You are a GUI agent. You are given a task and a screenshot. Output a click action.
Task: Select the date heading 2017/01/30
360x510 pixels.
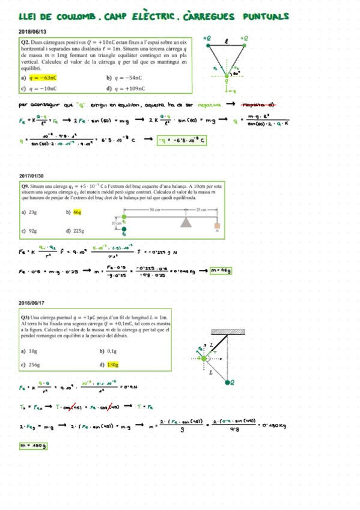[x=31, y=176]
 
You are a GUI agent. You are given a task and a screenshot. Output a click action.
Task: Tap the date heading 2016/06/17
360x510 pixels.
[x=31, y=306]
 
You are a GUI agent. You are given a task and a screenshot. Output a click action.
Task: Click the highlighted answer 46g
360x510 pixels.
[x=77, y=212]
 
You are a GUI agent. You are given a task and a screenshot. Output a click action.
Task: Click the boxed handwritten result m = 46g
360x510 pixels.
[x=221, y=270]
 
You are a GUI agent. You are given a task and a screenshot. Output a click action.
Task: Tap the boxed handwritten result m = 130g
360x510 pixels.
[x=34, y=446]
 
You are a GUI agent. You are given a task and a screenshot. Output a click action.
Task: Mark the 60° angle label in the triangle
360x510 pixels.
[x=237, y=72]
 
